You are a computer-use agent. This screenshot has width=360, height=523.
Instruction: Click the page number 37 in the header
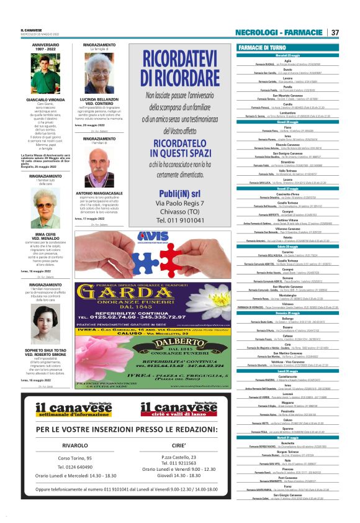coord(335,32)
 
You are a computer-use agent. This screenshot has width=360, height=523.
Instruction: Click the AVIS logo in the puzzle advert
coord(148,237)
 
